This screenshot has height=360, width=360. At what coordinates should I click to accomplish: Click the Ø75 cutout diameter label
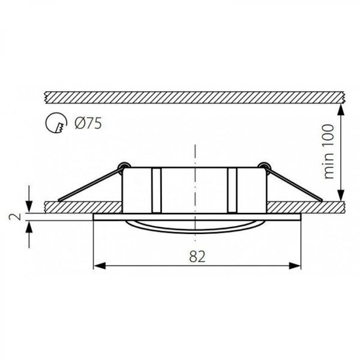click(x=88, y=123)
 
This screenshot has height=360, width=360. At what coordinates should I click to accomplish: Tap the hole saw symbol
click(x=56, y=122)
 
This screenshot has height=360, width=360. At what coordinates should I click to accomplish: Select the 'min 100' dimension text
click(x=329, y=152)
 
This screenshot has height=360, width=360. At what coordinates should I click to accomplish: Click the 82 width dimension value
click(x=197, y=256)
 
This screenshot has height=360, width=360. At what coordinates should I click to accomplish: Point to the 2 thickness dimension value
click(x=14, y=217)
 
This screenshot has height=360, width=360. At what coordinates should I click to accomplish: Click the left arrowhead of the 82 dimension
click(x=100, y=266)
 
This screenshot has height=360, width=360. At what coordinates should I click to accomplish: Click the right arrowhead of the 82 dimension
click(x=295, y=266)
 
